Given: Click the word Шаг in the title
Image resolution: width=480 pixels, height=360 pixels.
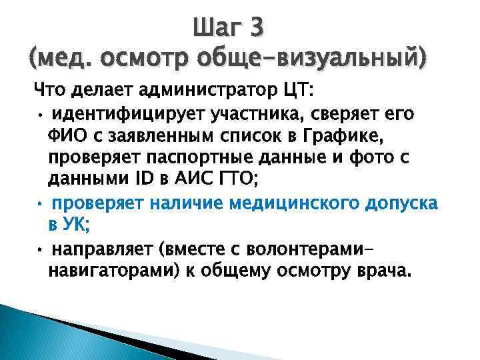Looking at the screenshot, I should point(217,27).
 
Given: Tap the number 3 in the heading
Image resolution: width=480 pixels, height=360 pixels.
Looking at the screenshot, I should point(256,27).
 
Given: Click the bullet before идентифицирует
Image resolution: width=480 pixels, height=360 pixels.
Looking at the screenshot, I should point(41,115).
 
